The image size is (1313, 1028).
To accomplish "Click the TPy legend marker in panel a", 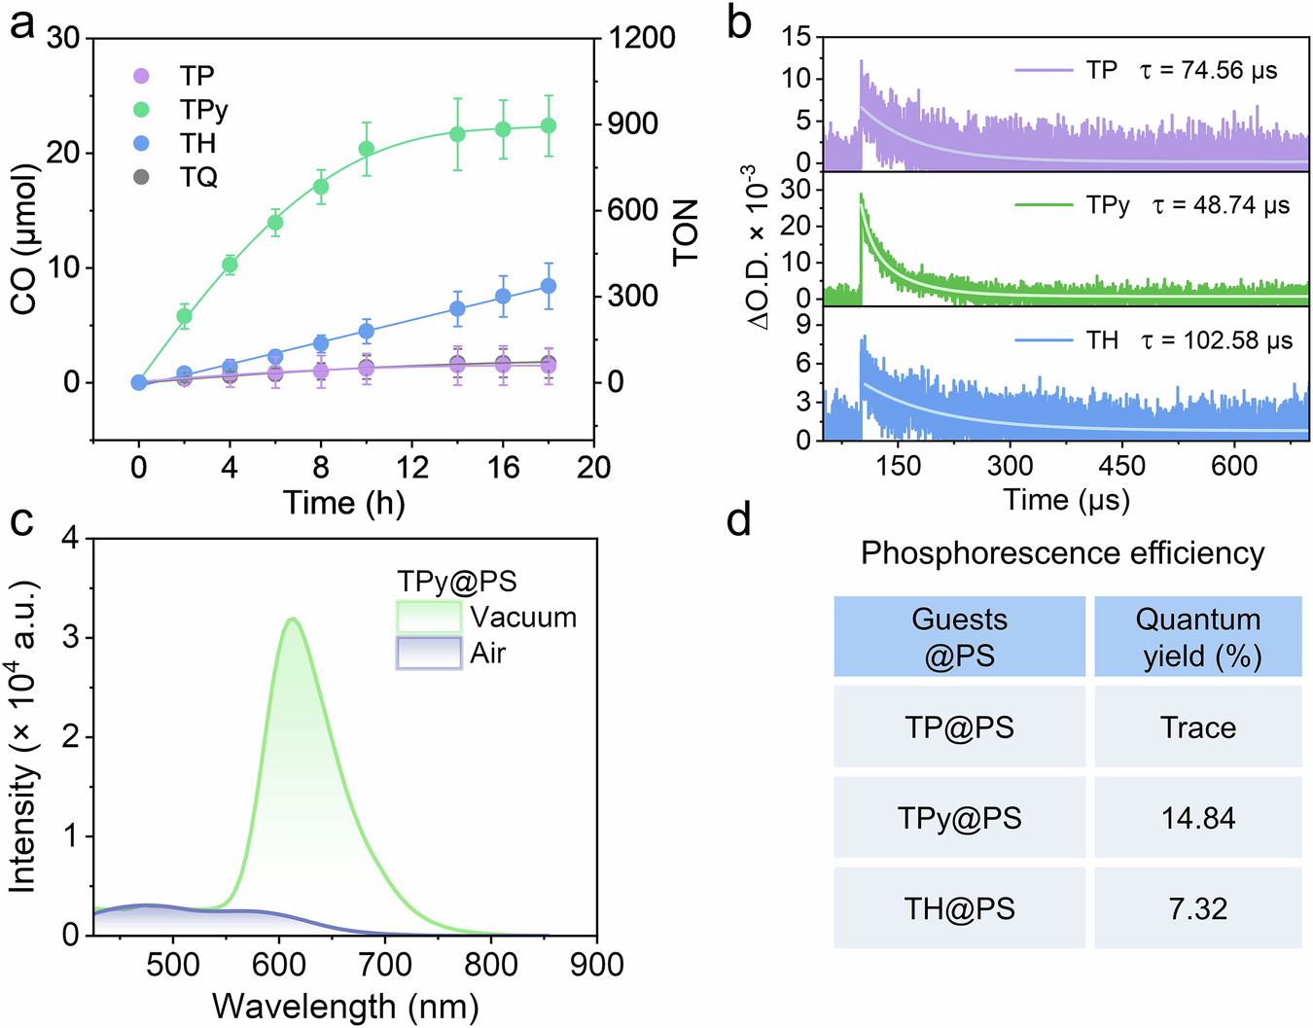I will click(x=141, y=110).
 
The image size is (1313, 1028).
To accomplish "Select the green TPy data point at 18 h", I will click(x=549, y=125).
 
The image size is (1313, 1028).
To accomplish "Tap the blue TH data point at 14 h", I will click(x=457, y=309).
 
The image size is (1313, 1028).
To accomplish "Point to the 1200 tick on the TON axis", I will click(x=641, y=38).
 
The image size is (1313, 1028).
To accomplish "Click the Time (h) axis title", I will click(x=343, y=503).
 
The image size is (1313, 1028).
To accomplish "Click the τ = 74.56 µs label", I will click(x=1208, y=71).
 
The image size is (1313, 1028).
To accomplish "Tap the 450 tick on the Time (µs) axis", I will click(x=1121, y=466).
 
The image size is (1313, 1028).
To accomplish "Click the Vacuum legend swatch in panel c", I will click(x=429, y=618).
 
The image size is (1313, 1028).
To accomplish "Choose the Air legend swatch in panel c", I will click(x=429, y=654).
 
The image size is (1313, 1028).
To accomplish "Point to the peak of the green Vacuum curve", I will click(x=292, y=619).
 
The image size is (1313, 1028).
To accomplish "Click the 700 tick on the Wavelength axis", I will click(x=385, y=965).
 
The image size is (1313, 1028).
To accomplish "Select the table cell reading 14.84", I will click(x=1197, y=818).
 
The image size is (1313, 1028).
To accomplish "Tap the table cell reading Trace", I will click(x=1197, y=727).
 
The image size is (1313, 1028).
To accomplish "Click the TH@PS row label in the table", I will click(x=959, y=908).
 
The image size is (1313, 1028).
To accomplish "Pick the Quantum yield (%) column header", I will click(x=1197, y=637).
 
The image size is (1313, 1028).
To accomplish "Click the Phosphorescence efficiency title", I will click(x=1062, y=553).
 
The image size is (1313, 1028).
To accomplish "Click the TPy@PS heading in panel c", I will click(x=456, y=582).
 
